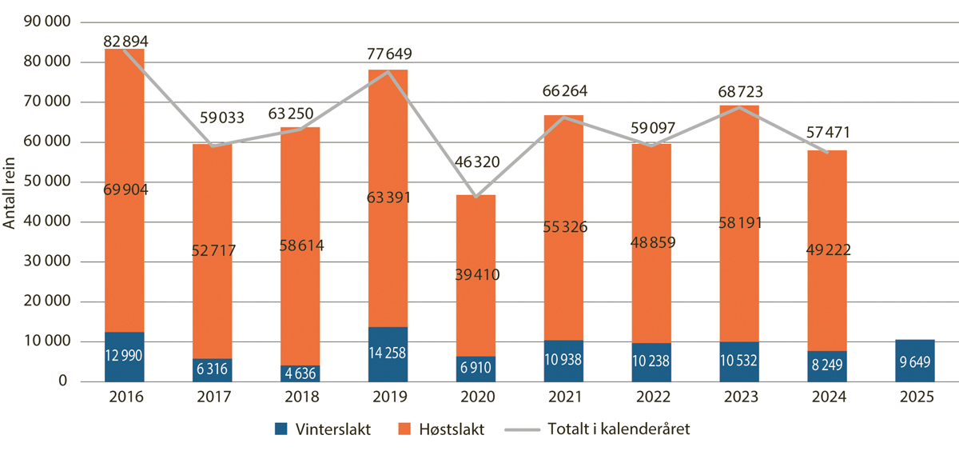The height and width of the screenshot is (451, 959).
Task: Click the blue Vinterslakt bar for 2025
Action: point(914,361)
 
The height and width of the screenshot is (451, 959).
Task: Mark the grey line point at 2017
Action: point(212,146)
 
